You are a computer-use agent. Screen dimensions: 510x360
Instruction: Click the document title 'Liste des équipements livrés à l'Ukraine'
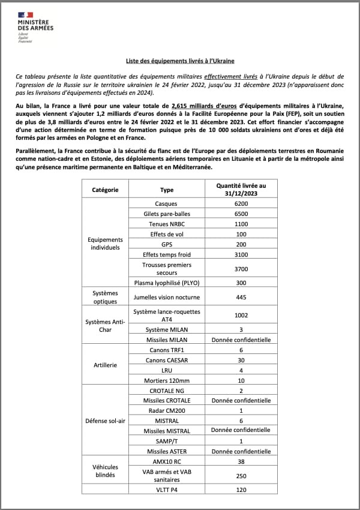coord(179,61)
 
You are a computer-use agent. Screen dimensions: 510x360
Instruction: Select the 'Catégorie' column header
coord(105,190)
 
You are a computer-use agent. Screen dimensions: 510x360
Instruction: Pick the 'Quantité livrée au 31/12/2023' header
coord(241,190)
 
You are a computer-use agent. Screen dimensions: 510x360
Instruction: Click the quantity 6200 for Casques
coord(241,204)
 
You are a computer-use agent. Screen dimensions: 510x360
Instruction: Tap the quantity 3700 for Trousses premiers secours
coord(241,269)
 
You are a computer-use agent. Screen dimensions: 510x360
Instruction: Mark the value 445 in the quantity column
coord(241,297)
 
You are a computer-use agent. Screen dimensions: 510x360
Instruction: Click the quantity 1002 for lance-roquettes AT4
coord(241,315)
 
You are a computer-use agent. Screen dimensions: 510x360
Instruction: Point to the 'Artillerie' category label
coord(105,365)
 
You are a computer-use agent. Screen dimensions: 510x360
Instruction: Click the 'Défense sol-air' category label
coord(105,421)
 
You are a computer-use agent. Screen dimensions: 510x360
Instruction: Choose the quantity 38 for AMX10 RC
coord(241,461)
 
